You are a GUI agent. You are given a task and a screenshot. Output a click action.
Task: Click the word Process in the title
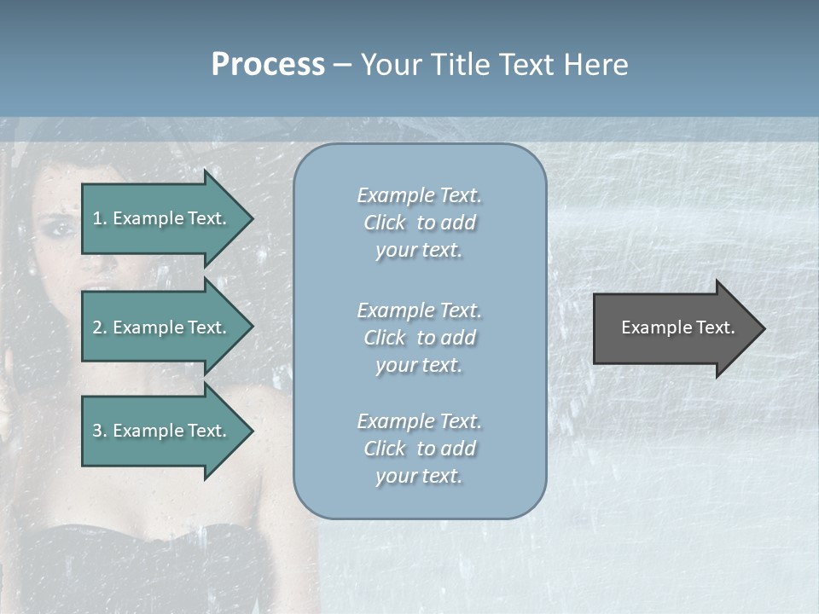tap(268, 65)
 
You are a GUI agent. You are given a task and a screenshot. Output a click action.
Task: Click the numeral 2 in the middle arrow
tap(97, 327)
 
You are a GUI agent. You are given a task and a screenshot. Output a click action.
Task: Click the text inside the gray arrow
tap(678, 327)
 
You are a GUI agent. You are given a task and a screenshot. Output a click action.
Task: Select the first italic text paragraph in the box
tap(419, 223)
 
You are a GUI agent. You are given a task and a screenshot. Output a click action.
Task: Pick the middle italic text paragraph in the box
tap(419, 338)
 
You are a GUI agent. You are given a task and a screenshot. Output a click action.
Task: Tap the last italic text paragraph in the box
tap(419, 449)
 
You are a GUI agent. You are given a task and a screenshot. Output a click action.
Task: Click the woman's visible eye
tap(57, 228)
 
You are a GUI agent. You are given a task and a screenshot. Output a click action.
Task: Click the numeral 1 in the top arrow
tap(97, 218)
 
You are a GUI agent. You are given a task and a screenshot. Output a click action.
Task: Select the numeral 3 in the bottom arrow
tap(97, 431)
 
